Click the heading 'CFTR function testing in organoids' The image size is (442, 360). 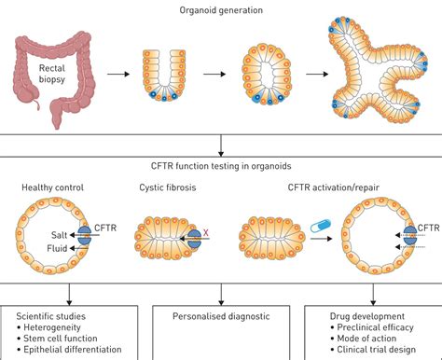coord(220,167)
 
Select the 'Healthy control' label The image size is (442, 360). coord(50,189)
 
